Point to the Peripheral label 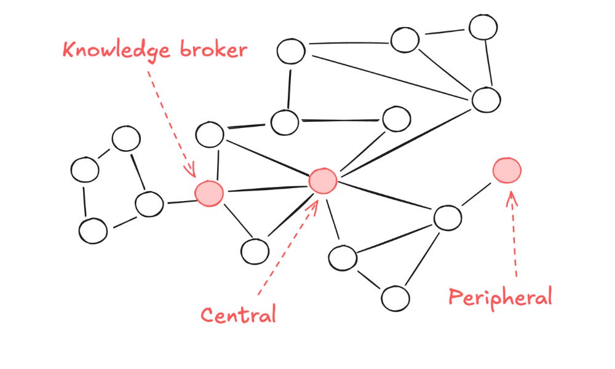(x=499, y=298)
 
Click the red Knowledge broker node (x=209, y=192)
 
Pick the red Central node (x=322, y=180)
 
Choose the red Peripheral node (x=507, y=170)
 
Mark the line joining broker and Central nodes (x=266, y=186)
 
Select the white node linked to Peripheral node (x=447, y=217)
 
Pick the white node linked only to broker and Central (x=254, y=251)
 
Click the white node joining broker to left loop (x=149, y=204)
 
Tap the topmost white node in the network (x=483, y=26)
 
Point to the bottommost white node (x=395, y=298)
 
